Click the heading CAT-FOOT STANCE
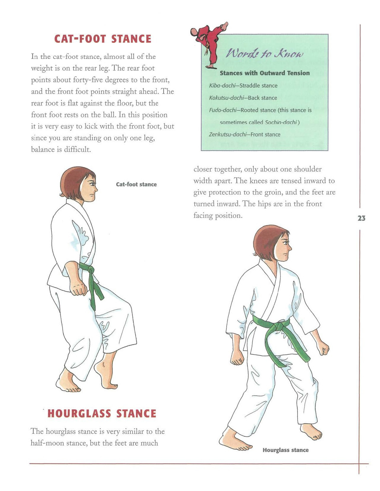click(x=103, y=39)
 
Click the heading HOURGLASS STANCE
click(x=102, y=413)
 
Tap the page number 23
click(x=361, y=218)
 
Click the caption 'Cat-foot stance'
click(x=136, y=184)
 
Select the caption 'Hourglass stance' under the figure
click(x=285, y=450)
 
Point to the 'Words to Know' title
click(x=265, y=53)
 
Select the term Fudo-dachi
click(x=222, y=110)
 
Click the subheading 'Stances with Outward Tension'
click(x=265, y=73)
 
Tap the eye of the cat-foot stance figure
click(x=93, y=184)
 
